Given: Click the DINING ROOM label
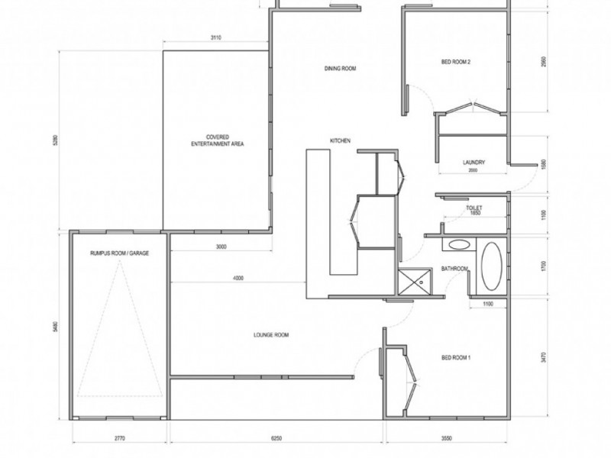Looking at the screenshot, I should click(341, 69).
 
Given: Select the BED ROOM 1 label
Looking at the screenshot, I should click(457, 357).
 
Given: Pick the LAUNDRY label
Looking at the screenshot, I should click(474, 162).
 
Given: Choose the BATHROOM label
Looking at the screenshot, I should click(454, 268).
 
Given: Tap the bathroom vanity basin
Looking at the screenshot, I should click(459, 246).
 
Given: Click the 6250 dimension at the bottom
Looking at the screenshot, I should click(276, 439).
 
